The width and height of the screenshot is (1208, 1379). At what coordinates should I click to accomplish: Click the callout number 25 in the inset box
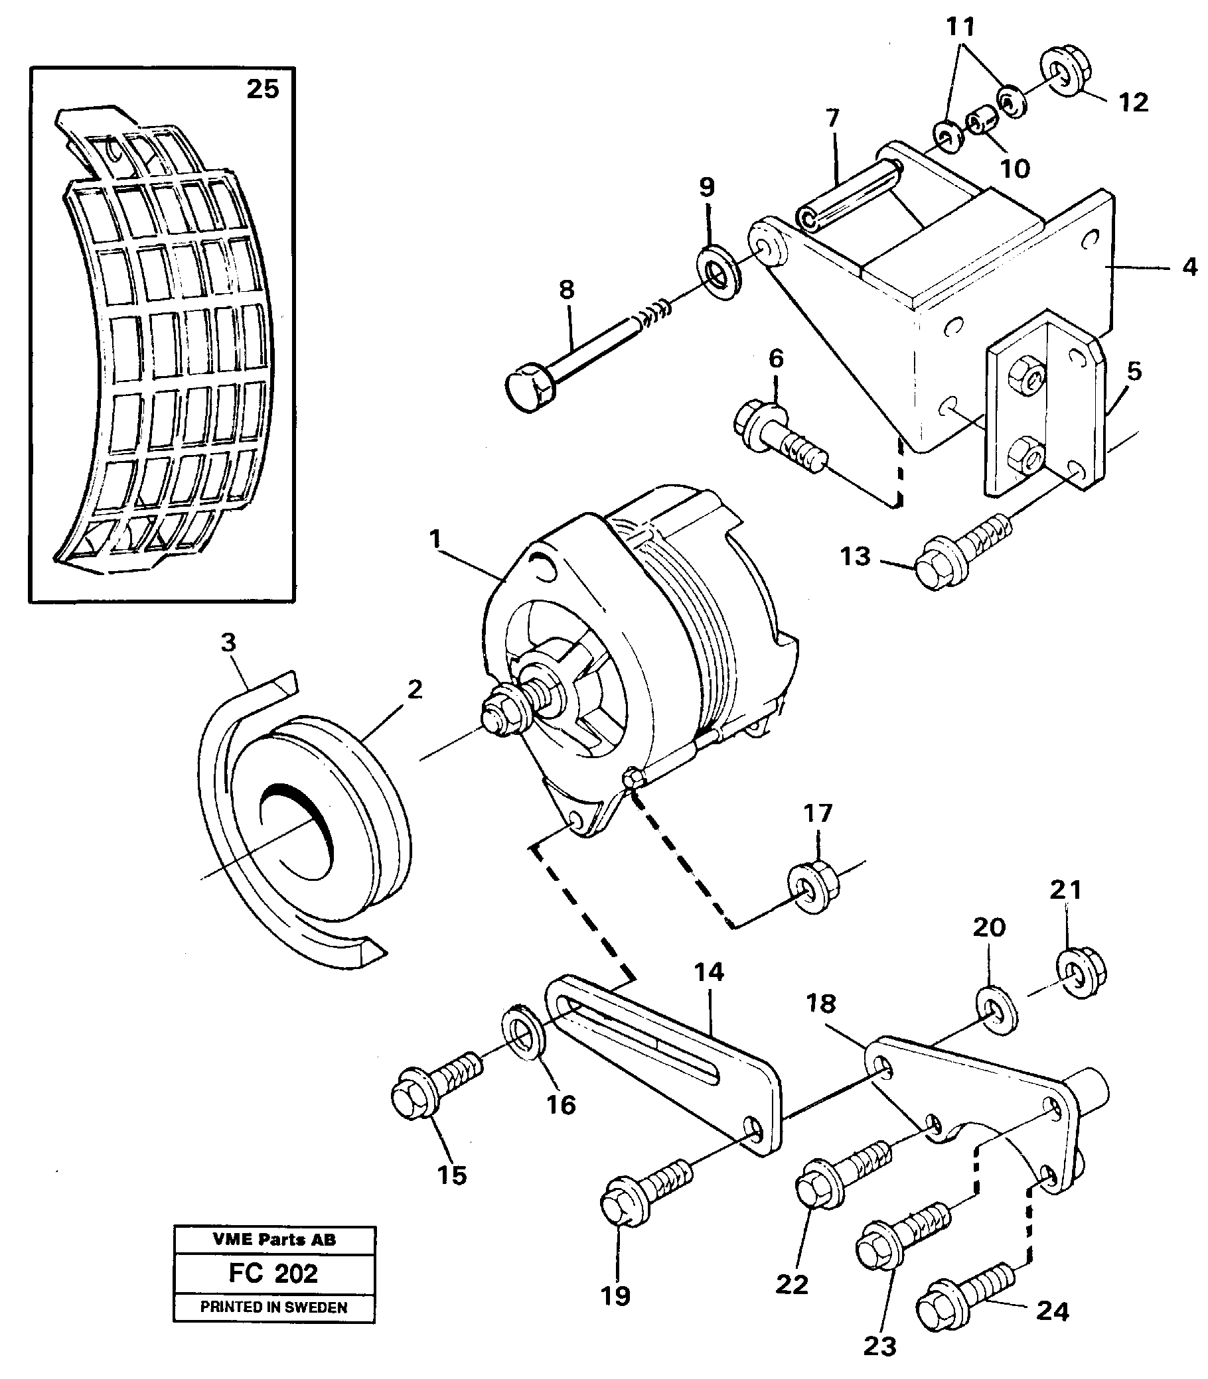click(x=262, y=89)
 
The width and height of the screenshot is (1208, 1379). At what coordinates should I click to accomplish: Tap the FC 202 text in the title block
click(x=273, y=1274)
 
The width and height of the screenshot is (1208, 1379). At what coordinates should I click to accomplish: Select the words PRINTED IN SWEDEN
click(x=273, y=1307)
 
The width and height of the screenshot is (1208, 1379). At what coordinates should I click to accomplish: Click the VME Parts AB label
click(x=273, y=1240)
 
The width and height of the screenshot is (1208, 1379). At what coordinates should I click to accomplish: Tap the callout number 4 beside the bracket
click(x=1189, y=267)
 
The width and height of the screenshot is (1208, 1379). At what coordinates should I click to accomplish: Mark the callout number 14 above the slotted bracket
click(x=708, y=972)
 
